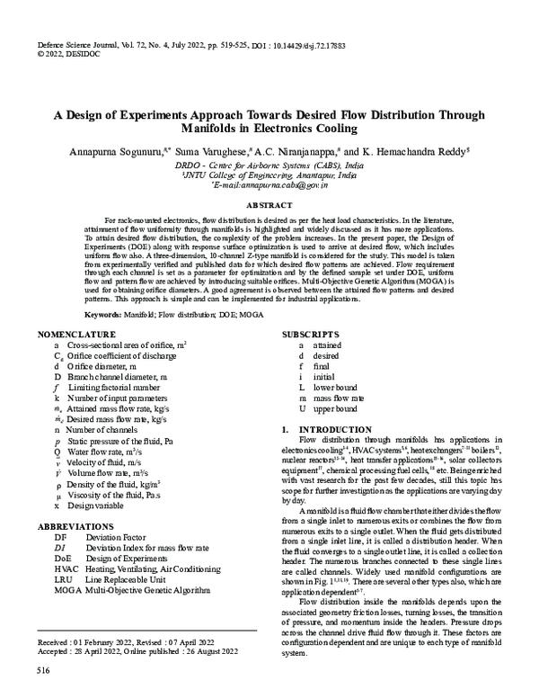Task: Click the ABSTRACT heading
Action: pyautogui.click(x=269, y=206)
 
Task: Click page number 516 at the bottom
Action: pyautogui.click(x=42, y=671)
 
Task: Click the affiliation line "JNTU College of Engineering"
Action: pyautogui.click(x=269, y=175)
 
